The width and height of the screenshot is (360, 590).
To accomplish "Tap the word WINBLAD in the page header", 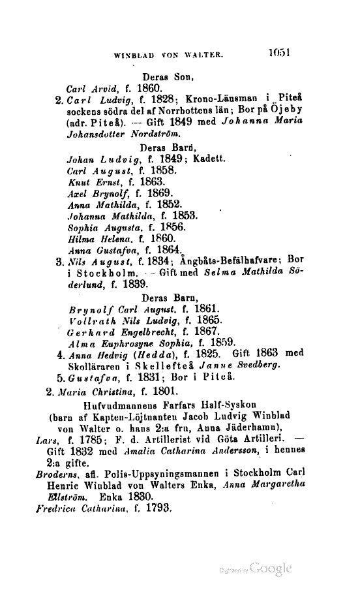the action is pos(136,56).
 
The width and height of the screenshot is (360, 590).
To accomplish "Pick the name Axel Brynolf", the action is pos(98,194).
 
